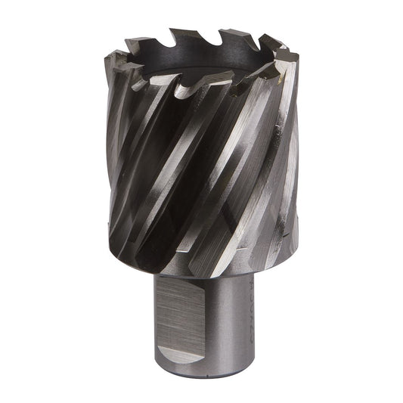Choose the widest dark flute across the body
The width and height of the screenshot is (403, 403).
click(x=163, y=151)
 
